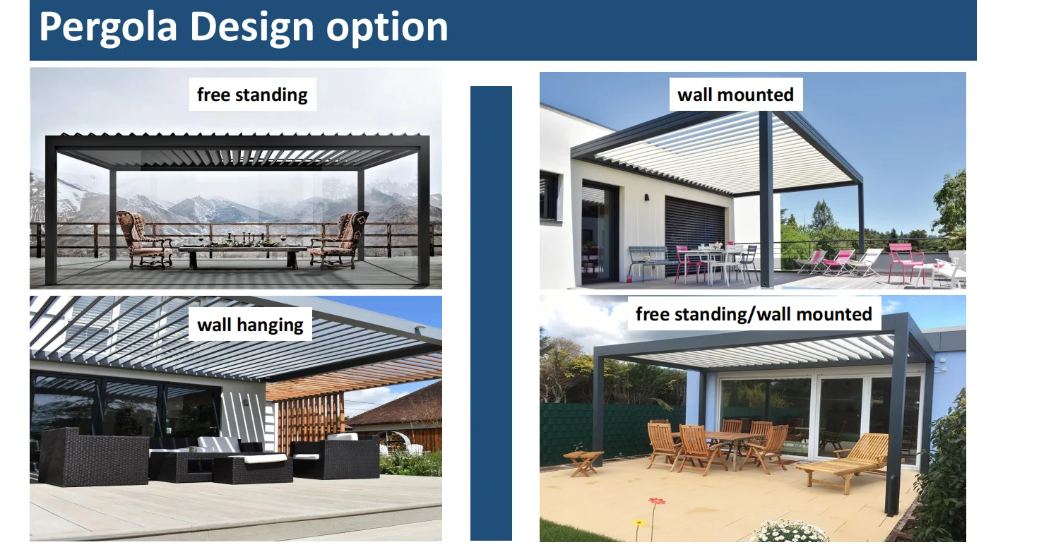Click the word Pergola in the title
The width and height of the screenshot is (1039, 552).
point(108,28)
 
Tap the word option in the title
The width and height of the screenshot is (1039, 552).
point(387,28)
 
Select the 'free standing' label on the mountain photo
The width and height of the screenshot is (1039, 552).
point(252,95)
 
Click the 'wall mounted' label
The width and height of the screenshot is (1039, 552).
point(736,95)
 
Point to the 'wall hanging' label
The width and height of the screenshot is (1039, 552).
point(250,325)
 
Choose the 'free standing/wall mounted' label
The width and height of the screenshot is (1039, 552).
point(754,314)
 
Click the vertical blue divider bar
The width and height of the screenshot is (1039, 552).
point(491,313)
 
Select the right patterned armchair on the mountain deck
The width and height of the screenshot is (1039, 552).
point(340,239)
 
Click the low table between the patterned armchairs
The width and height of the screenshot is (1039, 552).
point(242,256)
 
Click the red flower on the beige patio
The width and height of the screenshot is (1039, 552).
point(657,501)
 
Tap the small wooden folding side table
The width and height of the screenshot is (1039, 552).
point(583,462)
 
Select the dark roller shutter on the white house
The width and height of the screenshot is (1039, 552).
point(694,227)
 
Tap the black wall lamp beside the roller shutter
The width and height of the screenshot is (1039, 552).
point(646,198)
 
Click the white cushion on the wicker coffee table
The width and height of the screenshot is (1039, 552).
point(265,458)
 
